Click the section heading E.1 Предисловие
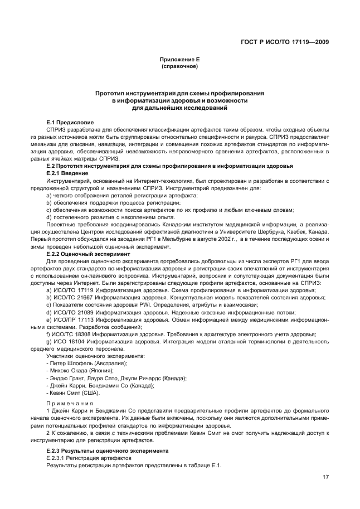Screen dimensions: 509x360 coord(70,122)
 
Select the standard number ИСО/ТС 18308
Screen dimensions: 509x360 coord(72,334)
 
